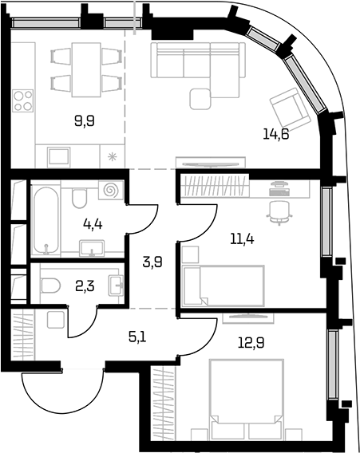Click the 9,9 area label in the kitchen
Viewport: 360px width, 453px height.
85,120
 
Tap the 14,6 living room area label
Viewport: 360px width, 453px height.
276,134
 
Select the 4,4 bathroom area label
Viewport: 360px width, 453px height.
93,224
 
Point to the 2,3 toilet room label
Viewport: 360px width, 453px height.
85,287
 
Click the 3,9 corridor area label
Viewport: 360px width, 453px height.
153,262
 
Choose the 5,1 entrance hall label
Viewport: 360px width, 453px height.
137,337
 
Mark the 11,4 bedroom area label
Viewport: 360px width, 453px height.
242,239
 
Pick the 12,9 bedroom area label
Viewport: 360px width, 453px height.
251,343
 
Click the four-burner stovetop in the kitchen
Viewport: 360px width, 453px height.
23,100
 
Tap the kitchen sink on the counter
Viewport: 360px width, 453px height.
59,157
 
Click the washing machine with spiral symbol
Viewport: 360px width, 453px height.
111,191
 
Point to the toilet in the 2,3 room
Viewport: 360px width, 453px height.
50,286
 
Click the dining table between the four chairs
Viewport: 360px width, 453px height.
86,69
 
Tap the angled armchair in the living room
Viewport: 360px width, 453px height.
289,109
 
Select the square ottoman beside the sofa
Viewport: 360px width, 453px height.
200,99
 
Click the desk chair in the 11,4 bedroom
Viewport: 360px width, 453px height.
279,212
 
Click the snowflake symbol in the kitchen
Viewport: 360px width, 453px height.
112,157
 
